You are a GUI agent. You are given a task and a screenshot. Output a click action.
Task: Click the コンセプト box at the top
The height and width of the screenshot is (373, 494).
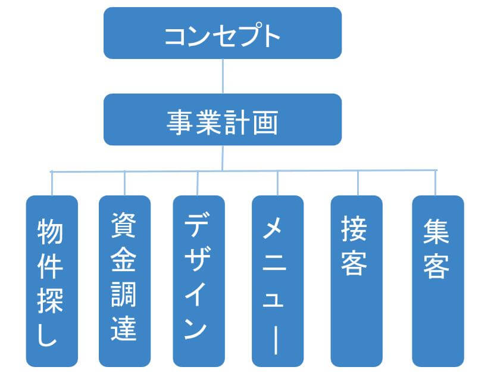(222, 33)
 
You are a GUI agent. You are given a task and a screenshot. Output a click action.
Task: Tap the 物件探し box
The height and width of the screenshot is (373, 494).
(52, 281)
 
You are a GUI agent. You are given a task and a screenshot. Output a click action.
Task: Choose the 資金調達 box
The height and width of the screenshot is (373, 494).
(124, 281)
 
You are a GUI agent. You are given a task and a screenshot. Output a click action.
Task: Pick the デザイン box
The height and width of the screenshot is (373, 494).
(199, 281)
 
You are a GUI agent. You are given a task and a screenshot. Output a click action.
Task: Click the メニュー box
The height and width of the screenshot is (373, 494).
(277, 281)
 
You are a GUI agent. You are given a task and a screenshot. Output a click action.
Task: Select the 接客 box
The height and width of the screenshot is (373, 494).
(356, 281)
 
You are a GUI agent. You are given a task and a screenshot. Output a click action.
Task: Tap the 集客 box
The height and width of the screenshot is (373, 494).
(437, 281)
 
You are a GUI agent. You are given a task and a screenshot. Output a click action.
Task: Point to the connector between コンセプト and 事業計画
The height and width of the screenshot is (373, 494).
(223, 76)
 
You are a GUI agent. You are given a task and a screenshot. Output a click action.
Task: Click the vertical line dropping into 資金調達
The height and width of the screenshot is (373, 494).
(124, 183)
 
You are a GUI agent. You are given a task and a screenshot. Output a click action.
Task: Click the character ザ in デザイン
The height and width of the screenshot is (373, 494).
(199, 260)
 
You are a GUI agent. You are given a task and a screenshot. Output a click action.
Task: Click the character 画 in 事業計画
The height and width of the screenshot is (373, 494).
(265, 122)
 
